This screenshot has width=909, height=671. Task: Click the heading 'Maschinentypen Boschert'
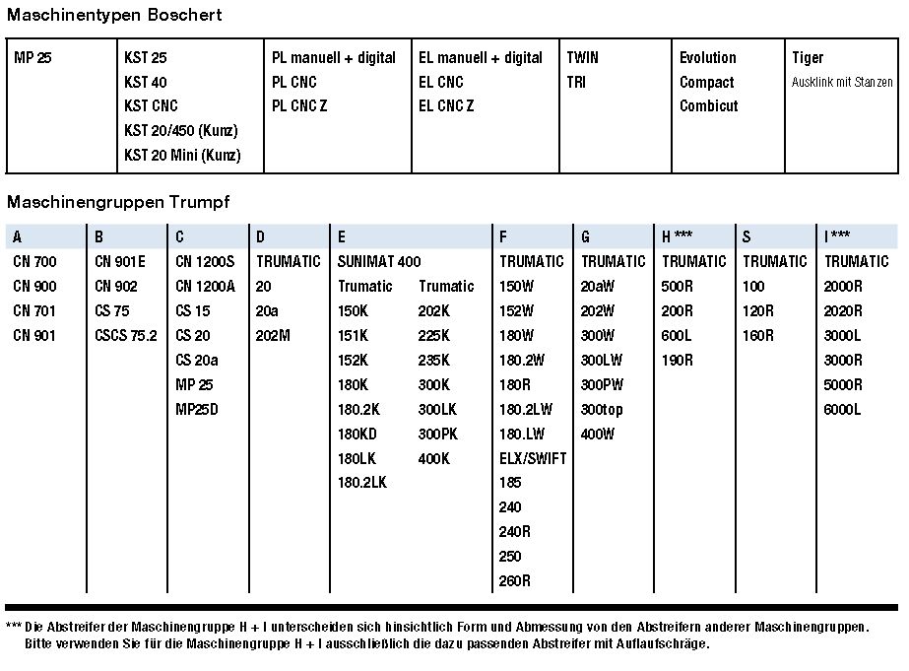[114, 15]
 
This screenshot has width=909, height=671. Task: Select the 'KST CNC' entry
[151, 106]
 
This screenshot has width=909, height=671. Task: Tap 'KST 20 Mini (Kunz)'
[182, 156]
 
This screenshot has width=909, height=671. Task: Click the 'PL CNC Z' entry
[299, 106]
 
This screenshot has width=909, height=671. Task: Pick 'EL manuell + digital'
[481, 58]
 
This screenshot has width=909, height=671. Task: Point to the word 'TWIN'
[582, 58]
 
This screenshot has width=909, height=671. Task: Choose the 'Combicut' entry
[708, 106]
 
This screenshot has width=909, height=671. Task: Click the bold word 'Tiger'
[808, 58]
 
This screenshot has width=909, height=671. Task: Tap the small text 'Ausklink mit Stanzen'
[842, 83]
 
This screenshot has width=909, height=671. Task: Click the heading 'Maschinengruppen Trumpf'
[118, 202]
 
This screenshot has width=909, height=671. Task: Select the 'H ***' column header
[678, 236]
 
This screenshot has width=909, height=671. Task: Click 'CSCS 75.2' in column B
[126, 336]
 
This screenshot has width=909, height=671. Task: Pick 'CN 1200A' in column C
[206, 287]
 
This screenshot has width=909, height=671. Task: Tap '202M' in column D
[273, 336]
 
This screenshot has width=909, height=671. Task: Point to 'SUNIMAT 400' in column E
[379, 262]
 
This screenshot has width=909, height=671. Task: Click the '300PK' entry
[439, 435]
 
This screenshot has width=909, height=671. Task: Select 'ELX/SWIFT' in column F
[533, 459]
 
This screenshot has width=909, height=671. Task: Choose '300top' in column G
[602, 410]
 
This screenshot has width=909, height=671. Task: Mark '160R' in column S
[758, 336]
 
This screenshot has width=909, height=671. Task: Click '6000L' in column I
[843, 410]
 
